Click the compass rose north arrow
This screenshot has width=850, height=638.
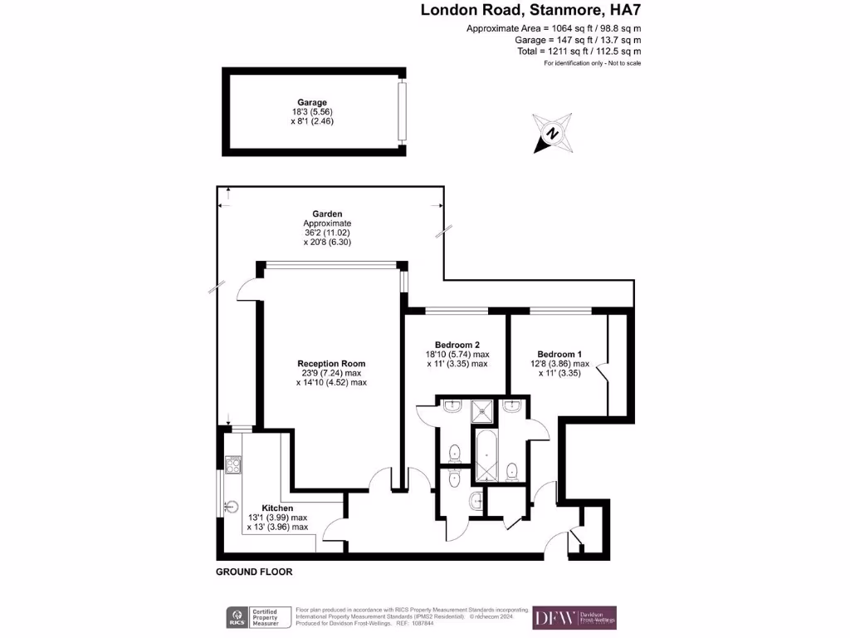(552, 133)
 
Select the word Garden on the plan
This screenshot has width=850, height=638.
(327, 213)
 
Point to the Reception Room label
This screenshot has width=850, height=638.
(331, 363)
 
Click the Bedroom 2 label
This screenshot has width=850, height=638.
(457, 344)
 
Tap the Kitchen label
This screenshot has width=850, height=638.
(277, 508)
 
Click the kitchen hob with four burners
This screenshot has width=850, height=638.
(233, 465)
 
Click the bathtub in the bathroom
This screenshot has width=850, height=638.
(485, 455)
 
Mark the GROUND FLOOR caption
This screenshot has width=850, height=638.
(254, 572)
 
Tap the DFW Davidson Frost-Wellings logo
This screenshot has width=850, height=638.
(574, 617)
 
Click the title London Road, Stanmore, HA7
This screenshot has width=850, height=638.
(531, 11)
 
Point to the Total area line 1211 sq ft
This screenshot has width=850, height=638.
(578, 51)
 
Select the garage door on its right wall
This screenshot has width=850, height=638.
(403, 111)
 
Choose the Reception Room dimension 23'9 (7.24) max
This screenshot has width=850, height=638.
(331, 373)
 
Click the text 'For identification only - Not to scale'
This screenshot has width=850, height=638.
(592, 63)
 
